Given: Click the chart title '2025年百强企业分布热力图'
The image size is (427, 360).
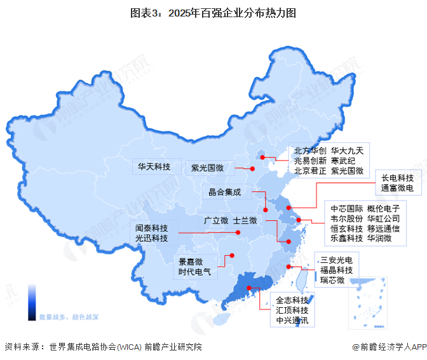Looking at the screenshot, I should click(213, 13).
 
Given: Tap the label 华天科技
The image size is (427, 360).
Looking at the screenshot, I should click(154, 167).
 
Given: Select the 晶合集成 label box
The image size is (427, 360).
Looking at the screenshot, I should click(225, 192).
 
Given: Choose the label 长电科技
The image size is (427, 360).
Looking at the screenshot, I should click(397, 178).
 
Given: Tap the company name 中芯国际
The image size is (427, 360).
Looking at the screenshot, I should click(346, 208).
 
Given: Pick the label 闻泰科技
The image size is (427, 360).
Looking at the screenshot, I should click(151, 227).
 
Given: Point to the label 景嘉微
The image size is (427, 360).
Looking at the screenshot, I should click(191, 262).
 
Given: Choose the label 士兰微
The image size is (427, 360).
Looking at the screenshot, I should click(245, 220).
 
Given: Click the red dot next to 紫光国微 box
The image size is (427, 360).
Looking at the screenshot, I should click(252, 168).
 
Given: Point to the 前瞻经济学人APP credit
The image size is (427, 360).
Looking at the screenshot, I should click(389, 347).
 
